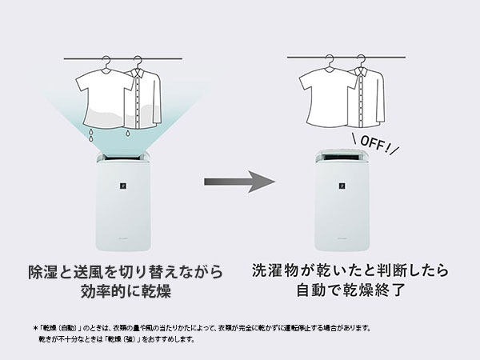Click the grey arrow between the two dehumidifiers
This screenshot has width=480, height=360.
pos(239,182)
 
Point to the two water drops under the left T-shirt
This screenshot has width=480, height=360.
pos(90,135)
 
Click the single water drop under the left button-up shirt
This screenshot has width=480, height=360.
pos(127,134)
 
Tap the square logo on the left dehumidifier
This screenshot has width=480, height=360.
pos(123,186)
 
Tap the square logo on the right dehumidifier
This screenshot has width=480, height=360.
pos(342,186)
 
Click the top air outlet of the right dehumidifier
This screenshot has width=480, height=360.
pos(342,157)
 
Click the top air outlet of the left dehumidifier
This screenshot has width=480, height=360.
pos(122,157)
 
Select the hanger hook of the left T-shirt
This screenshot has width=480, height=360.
pos(106,61)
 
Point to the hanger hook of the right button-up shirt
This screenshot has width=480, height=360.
pos(362,59)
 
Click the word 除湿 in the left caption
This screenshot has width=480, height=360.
pos(42,271)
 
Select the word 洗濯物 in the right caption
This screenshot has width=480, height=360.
pos(274,270)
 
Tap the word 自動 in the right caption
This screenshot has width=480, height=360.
pos(311,290)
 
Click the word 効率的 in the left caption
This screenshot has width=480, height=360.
pos(102,291)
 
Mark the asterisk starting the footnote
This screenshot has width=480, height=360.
pos(35,329)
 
